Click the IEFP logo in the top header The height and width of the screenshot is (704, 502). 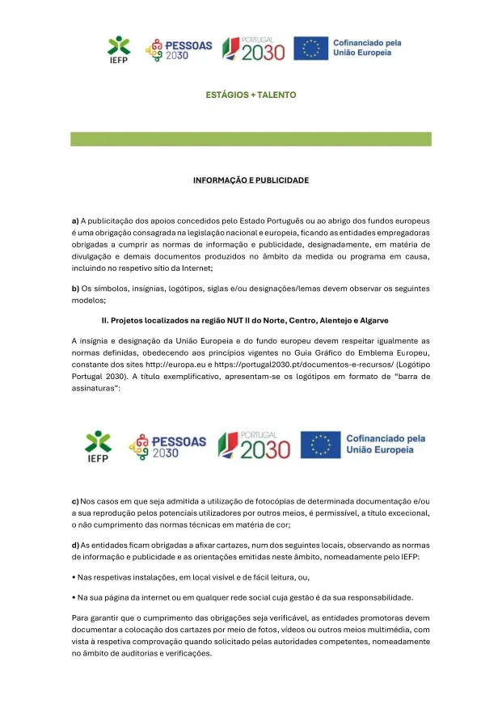click(119, 49)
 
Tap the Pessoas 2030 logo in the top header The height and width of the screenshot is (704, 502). click(179, 49)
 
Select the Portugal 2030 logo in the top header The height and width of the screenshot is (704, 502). click(253, 49)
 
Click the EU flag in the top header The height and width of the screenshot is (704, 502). click(310, 48)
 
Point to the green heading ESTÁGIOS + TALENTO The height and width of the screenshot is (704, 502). click(251, 95)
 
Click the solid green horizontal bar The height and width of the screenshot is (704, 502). click(251, 139)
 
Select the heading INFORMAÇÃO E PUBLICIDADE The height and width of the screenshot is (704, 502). click(251, 179)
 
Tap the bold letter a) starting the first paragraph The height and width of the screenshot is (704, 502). click(75, 220)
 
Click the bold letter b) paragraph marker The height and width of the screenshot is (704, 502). click(75, 289)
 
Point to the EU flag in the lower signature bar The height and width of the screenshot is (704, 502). click(320, 444)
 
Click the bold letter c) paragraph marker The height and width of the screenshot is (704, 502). click(75, 501)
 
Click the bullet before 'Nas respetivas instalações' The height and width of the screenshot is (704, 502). click(74, 577)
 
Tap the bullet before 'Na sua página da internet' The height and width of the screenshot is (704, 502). click(74, 597)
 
